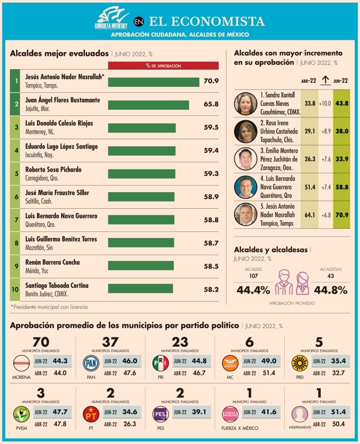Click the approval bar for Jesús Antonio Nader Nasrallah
point(153,82)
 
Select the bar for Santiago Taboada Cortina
point(140,288)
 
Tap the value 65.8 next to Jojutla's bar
point(211,105)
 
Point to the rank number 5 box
point(16,174)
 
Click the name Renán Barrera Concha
point(52,262)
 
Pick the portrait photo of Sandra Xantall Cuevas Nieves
point(245,103)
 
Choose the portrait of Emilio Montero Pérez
point(245,159)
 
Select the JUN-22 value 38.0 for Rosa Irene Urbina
point(341,131)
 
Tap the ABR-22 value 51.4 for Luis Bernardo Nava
point(309,187)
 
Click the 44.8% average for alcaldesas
point(331,290)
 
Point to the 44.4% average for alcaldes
point(253,290)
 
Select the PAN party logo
point(91,364)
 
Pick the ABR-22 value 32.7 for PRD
point(338,373)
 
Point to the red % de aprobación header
point(163,66)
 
